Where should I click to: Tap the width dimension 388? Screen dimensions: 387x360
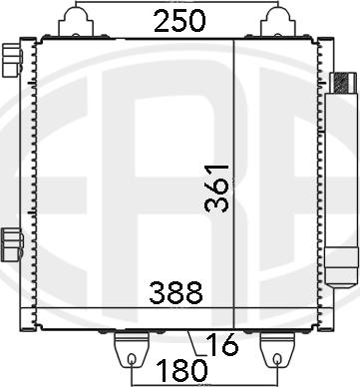click(177, 293)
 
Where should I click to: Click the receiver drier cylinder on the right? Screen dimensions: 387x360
click(341, 175)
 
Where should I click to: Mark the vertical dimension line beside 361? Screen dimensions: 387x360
click(233, 170)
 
